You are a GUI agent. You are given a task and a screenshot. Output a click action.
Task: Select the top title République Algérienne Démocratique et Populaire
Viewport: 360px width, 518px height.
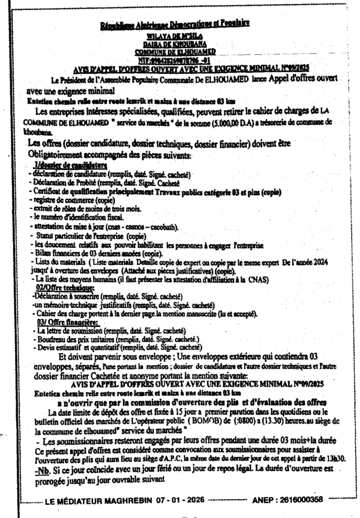click(x=175, y=24)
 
